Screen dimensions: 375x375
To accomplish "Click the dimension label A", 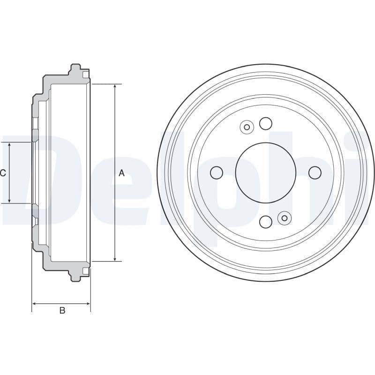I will pos(121,173).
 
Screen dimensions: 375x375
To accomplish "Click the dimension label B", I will pos(62,310).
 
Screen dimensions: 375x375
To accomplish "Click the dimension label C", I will pos(3,173).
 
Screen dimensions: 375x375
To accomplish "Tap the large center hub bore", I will pos(265,172).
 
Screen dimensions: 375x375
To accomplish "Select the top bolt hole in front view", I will pos(266,123).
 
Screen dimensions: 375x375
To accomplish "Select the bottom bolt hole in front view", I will pos(266,222).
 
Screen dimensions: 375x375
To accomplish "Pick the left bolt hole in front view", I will pos(216,172).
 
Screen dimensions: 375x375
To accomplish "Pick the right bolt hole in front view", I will pos(315,172).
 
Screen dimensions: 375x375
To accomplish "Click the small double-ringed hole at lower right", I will pos(284,218).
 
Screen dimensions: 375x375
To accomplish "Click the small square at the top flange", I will pos(85,75).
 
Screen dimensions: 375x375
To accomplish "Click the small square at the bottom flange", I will pos(85,271).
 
